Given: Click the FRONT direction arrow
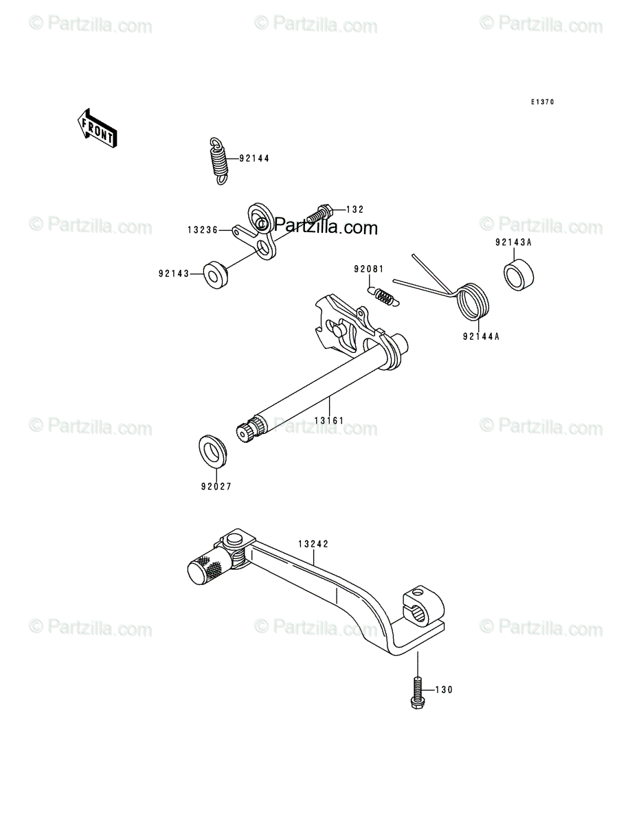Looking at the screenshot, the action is pyautogui.click(x=98, y=128).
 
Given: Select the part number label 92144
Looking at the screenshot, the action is pyautogui.click(x=254, y=159).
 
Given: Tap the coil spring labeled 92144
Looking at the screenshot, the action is pyautogui.click(x=219, y=161).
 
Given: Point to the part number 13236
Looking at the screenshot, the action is pyautogui.click(x=203, y=230).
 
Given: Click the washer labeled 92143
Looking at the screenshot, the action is pyautogui.click(x=216, y=275).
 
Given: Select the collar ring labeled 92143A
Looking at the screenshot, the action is pyautogui.click(x=519, y=275).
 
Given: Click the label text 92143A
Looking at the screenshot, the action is pyautogui.click(x=513, y=242).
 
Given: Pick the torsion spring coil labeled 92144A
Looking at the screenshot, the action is pyautogui.click(x=473, y=301).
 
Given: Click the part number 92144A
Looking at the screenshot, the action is pyautogui.click(x=481, y=336).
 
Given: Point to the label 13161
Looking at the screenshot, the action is pyautogui.click(x=329, y=421).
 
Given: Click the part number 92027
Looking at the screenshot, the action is pyautogui.click(x=216, y=487).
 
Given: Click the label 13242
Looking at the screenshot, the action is pyautogui.click(x=313, y=544).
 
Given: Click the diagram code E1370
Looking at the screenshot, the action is pyautogui.click(x=542, y=102).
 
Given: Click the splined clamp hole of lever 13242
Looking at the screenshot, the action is pyautogui.click(x=420, y=615).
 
